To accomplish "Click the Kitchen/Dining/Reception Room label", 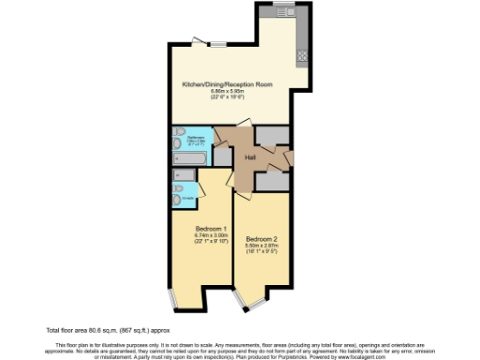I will coord(228,84).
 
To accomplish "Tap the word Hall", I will coord(251,157).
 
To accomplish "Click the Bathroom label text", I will coord(195,138).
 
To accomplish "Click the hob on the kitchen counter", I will coord(301,55).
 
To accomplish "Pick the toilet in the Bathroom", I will coord(176,143).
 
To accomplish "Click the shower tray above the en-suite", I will coord(181,175).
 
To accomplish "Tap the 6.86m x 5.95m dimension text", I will coord(228,93).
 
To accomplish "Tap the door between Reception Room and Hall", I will coord(241,128).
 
